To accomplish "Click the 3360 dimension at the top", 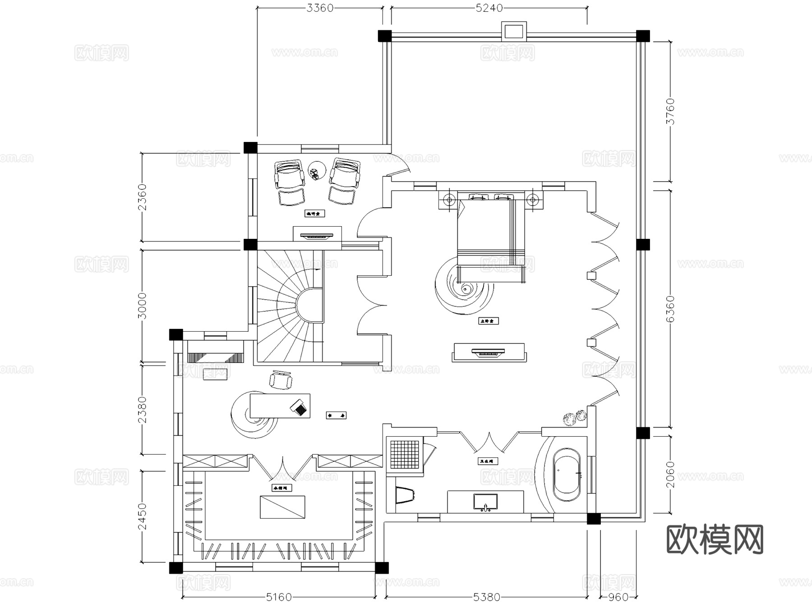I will click(320, 8).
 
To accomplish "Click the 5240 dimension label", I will click(489, 8).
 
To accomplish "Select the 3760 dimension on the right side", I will click(671, 111).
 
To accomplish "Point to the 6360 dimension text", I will click(671, 309).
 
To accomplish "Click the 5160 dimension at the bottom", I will click(279, 597).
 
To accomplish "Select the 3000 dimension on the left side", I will click(142, 306).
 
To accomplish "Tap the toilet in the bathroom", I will click(405, 494).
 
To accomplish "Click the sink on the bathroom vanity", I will click(485, 502).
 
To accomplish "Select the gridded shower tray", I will click(405, 454).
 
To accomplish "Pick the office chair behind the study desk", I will click(281, 380).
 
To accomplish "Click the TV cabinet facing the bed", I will click(488, 352).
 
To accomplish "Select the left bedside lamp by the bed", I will click(448, 200).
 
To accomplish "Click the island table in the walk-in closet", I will click(282, 507).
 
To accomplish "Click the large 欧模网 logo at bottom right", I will click(715, 539).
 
